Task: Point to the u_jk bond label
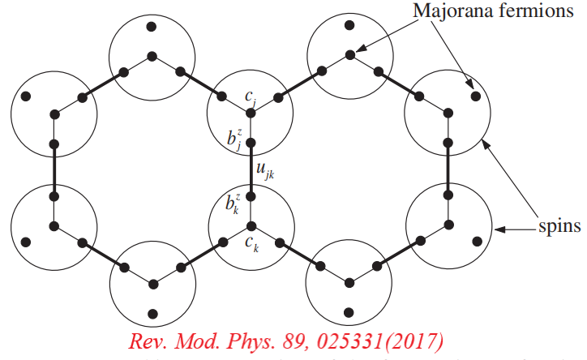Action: click(x=264, y=171)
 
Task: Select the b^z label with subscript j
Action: click(x=235, y=136)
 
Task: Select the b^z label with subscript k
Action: click(x=235, y=203)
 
